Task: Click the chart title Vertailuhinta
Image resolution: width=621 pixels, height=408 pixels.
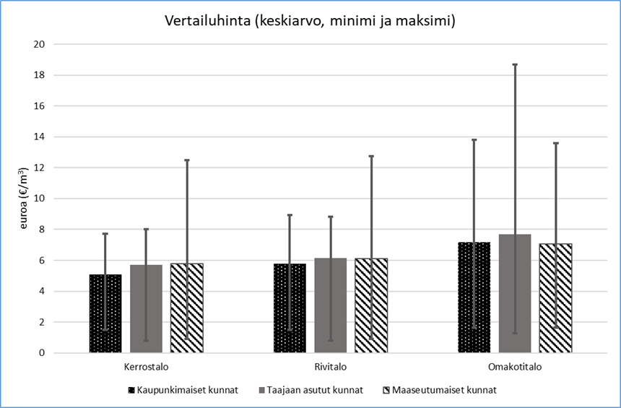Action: (310, 22)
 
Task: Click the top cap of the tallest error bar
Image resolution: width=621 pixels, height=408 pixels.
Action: (515, 64)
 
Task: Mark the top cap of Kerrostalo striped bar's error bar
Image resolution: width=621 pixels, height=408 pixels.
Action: (186, 160)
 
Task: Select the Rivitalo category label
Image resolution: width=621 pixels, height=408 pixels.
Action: (330, 367)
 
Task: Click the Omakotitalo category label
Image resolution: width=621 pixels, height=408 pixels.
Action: (514, 367)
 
